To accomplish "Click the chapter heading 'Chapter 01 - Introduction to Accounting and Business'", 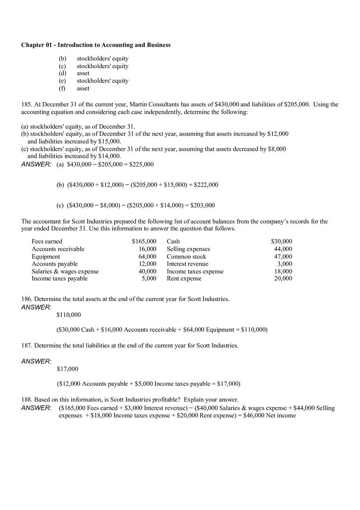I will click(x=96, y=45).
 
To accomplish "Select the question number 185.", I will click(x=26, y=104).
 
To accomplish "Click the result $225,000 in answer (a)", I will click(x=142, y=164).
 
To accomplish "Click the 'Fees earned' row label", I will click(x=47, y=241).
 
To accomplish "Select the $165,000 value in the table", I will click(x=144, y=241).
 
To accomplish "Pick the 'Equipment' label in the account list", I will click(x=46, y=256).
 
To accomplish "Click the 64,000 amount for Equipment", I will click(x=147, y=256).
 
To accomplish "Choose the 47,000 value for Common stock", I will click(x=283, y=256).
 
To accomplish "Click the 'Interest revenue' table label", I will click(x=187, y=264).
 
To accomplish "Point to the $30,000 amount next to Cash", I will click(x=281, y=241).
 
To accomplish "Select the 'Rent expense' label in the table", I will click(x=184, y=279).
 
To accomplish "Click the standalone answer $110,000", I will click(x=69, y=315).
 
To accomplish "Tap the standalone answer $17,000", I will click(x=67, y=369).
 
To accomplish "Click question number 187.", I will click(x=26, y=346).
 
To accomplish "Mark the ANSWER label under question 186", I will click(x=36, y=307).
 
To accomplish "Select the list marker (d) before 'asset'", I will click(x=62, y=73).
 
